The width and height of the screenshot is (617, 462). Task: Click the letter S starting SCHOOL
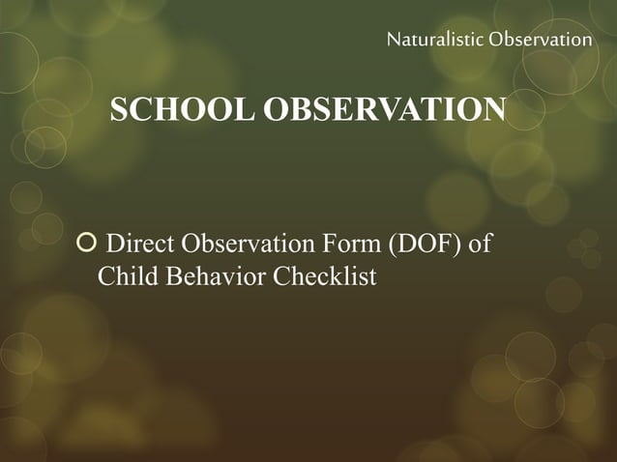point(120,110)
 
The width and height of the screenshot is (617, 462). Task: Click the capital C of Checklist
point(282,276)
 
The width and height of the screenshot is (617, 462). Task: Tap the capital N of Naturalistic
point(393,40)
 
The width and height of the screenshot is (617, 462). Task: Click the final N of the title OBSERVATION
point(493,109)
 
